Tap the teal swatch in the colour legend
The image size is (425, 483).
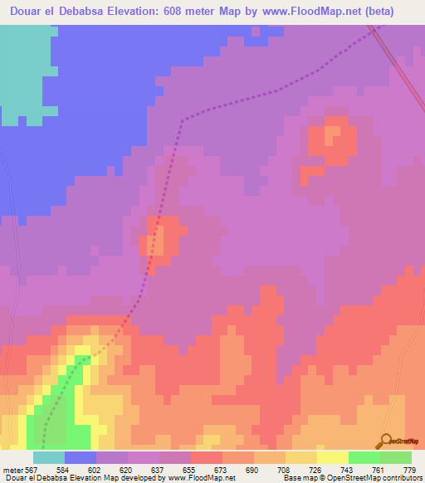(x=48, y=457)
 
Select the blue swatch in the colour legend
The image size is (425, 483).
(x=81, y=457)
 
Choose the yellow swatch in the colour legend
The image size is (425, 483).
(x=332, y=457)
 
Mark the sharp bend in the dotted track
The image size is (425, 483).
(x=182, y=120)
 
